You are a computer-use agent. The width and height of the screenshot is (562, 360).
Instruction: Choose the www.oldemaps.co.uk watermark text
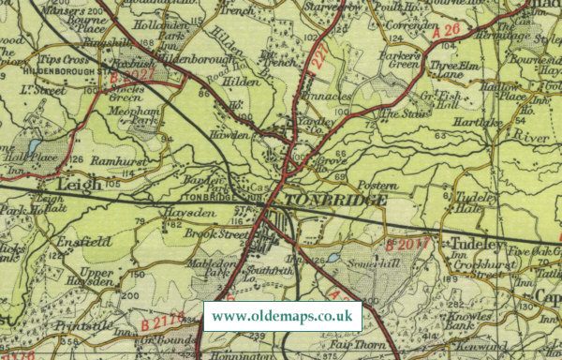tap(282, 316)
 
